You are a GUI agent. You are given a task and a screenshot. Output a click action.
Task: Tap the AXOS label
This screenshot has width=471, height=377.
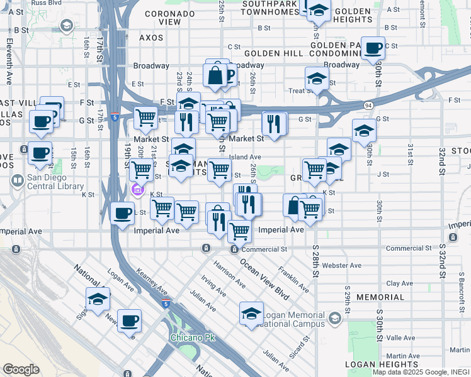150,38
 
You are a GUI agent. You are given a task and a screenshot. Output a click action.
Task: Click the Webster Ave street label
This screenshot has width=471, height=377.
344,266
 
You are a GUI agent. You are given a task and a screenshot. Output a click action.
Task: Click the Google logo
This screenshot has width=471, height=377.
21,369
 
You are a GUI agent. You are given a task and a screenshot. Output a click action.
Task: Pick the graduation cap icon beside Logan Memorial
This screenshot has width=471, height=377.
251,314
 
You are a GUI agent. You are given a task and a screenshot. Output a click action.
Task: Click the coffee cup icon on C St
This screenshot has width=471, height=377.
373,48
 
